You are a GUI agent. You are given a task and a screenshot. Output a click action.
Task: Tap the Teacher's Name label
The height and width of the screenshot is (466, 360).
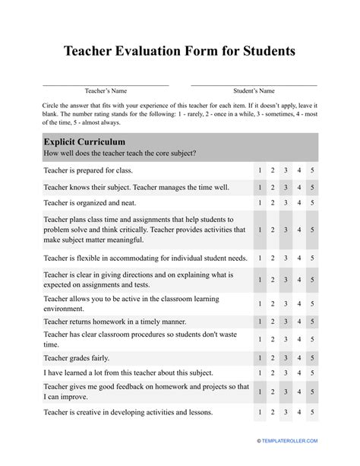click(106, 90)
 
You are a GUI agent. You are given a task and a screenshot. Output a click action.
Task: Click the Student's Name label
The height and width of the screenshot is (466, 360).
click(254, 90)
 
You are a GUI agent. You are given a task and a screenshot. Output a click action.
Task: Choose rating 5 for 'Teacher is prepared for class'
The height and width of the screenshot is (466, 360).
click(312, 170)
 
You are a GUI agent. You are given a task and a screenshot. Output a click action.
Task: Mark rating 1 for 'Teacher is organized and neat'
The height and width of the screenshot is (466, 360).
click(260, 203)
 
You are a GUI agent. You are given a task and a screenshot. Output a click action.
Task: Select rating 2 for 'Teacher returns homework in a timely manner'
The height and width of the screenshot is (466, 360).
click(273, 322)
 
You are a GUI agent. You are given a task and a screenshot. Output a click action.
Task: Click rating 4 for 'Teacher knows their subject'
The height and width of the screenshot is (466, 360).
click(299, 187)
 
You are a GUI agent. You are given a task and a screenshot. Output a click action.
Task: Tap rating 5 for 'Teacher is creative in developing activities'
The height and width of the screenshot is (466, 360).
click(312, 413)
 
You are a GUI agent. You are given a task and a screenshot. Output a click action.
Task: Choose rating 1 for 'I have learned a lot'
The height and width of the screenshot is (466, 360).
click(260, 372)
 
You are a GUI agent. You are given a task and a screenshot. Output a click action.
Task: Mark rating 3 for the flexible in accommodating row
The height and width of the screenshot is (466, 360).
click(286, 258)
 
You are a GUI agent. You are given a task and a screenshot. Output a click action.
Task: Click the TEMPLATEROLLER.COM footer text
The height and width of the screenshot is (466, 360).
click(292, 441)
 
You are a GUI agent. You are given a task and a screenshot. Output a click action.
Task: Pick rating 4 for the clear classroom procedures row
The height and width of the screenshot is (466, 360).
click(299, 339)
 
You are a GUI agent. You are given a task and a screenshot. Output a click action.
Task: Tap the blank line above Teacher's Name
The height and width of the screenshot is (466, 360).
click(106, 84)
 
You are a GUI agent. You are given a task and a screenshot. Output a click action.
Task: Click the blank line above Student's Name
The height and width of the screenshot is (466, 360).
click(254, 84)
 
